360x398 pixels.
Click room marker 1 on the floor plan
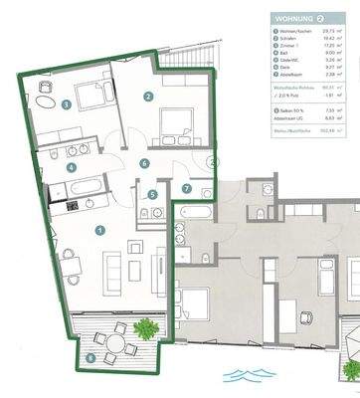pos(99,230)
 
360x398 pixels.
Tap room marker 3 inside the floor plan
pos(66,103)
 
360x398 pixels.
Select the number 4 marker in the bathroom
pos(71,167)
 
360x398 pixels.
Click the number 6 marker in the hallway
pos(144,162)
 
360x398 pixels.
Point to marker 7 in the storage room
pos(186,188)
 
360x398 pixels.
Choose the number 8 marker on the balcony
pos(90,356)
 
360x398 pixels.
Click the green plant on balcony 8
pos(146,325)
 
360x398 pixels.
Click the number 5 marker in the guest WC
pos(152,195)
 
